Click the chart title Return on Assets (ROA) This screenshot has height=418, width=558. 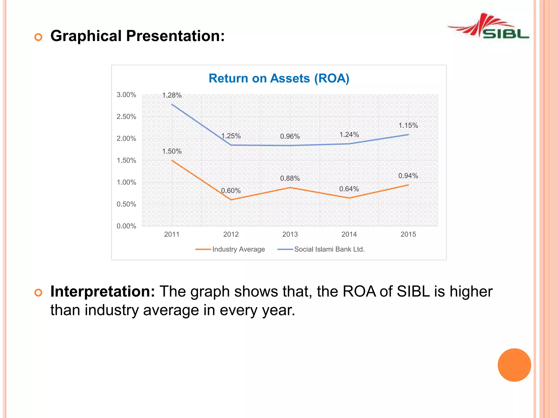point(279,78)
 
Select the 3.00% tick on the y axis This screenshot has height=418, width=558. point(126,95)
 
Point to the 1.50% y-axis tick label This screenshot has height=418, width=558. point(126,160)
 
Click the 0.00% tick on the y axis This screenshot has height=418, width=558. point(126,226)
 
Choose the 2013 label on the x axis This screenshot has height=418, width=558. point(290,234)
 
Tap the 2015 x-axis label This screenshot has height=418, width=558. point(408,234)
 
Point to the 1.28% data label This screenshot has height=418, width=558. point(172,95)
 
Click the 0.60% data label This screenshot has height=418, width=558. point(231,190)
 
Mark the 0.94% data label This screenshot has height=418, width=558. point(408,176)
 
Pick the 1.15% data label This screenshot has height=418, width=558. point(408,125)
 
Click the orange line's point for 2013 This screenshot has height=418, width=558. point(290,188)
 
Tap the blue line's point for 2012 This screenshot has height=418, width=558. point(231,145)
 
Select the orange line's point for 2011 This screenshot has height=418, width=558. point(172,160)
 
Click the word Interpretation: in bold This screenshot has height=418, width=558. point(103,291)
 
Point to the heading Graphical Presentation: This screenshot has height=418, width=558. point(138,36)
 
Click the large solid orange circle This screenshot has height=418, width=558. point(514,365)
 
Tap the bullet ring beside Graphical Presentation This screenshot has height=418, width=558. point(38,37)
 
